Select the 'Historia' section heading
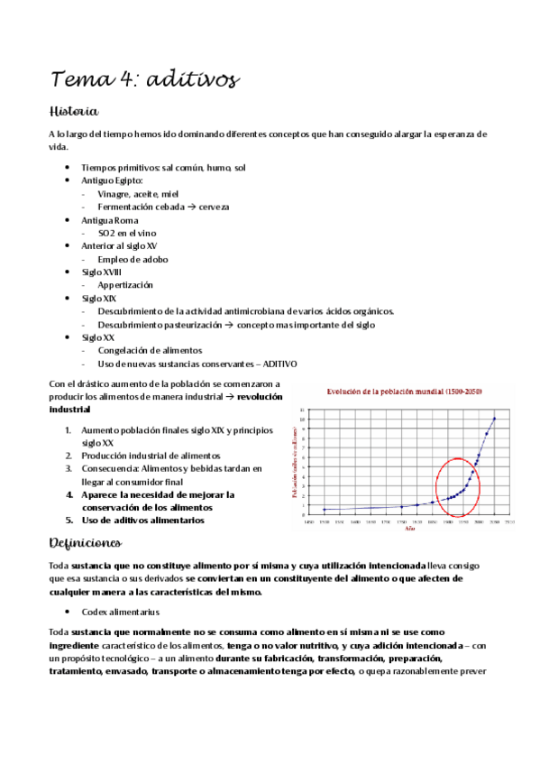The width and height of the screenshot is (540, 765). pos(73,111)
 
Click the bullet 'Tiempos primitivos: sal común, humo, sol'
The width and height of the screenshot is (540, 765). pos(163,168)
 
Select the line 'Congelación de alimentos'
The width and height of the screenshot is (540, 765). pos(150,350)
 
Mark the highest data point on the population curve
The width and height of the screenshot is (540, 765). pos(494,419)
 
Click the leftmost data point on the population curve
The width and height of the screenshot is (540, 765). pos(324,510)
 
